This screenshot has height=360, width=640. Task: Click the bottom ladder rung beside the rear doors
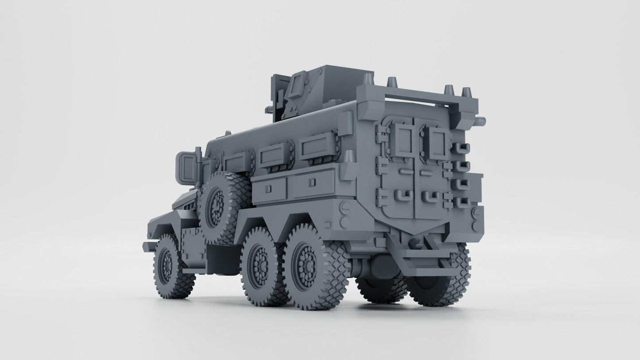[x=462, y=202]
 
